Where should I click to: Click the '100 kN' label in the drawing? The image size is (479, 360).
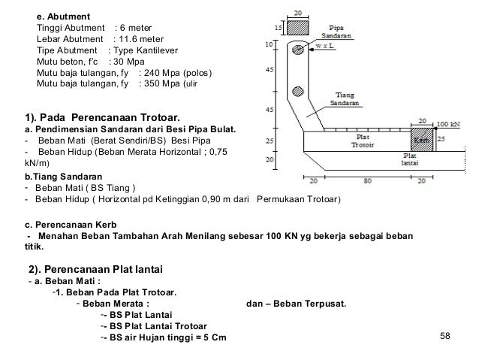(x=448, y=123)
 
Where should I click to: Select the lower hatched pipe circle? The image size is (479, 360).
(x=297, y=92)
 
